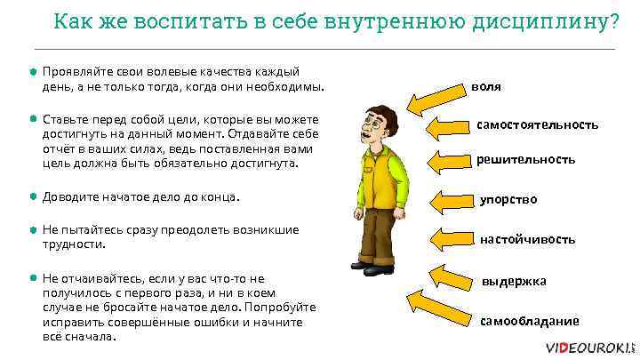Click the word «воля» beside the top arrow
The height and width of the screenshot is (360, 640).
click(x=486, y=87)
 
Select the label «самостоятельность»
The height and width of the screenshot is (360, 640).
click(x=537, y=124)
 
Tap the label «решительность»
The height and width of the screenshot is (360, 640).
click(x=526, y=160)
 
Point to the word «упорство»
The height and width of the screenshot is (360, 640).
click(x=508, y=199)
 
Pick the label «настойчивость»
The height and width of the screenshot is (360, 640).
click(x=527, y=239)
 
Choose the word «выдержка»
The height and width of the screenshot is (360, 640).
click(x=514, y=281)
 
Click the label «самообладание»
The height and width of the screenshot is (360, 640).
click(x=529, y=321)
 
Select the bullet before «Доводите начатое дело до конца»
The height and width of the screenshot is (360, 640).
click(x=33, y=196)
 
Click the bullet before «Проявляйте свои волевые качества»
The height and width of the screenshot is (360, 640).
click(x=33, y=70)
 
